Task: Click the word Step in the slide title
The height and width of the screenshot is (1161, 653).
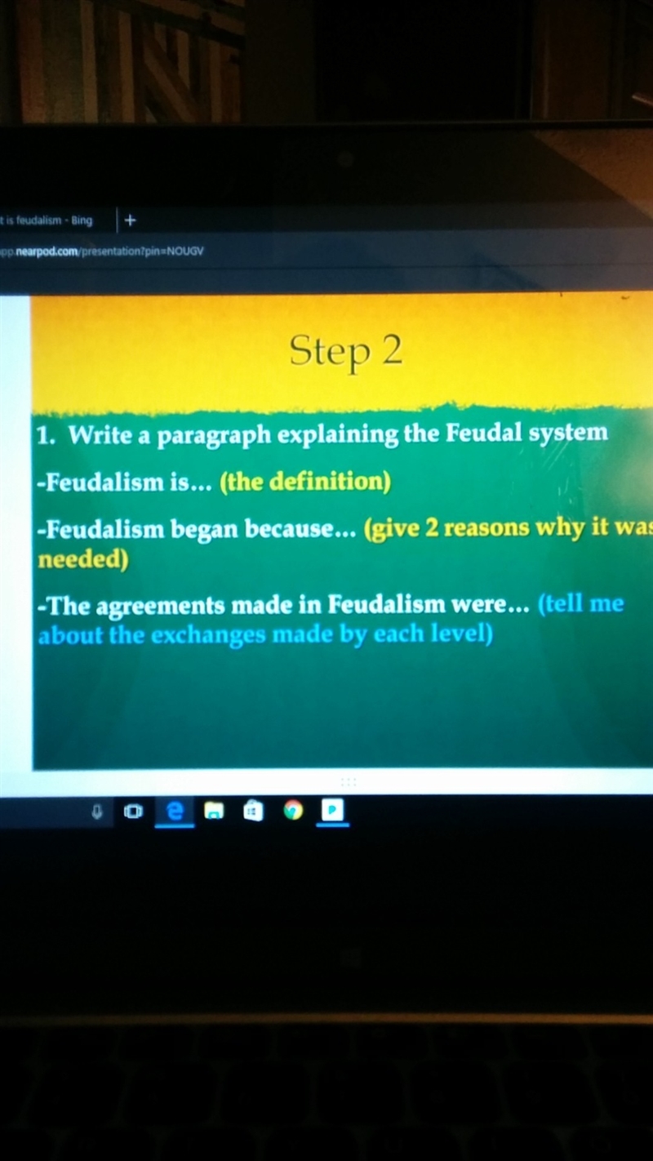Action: tap(330, 353)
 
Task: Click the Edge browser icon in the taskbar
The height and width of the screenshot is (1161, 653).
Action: tap(175, 812)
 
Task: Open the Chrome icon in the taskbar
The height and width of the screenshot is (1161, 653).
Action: tap(293, 810)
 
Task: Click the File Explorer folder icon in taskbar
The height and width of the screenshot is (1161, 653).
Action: tap(214, 811)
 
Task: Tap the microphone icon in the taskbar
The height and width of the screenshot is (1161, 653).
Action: tap(96, 812)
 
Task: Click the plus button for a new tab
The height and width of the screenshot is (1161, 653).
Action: tap(130, 220)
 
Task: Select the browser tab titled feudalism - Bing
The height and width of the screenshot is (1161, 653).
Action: tap(47, 220)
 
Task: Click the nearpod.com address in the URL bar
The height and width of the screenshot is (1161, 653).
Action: tap(47, 252)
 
